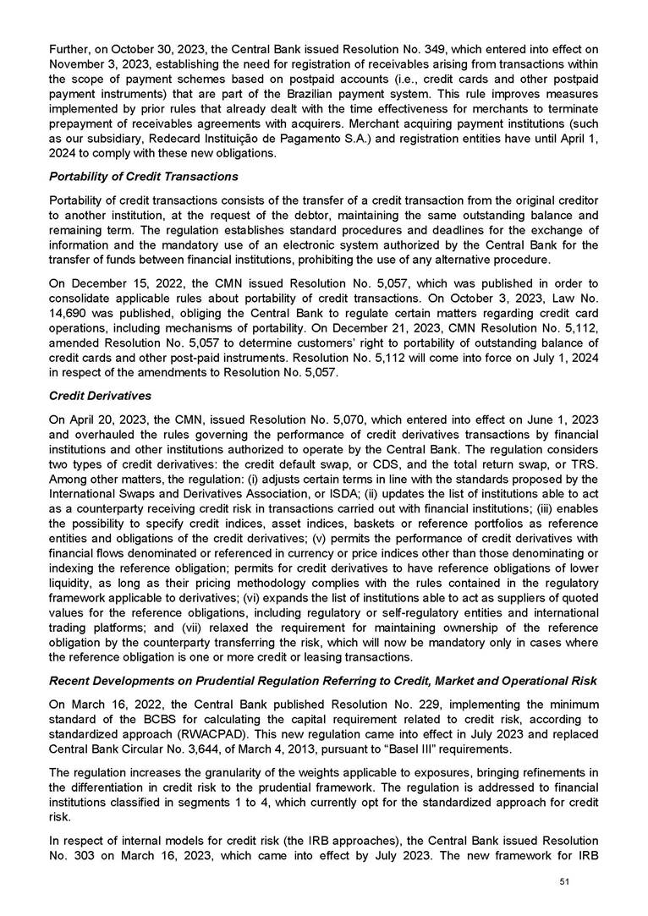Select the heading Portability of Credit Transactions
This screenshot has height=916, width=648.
144,177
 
